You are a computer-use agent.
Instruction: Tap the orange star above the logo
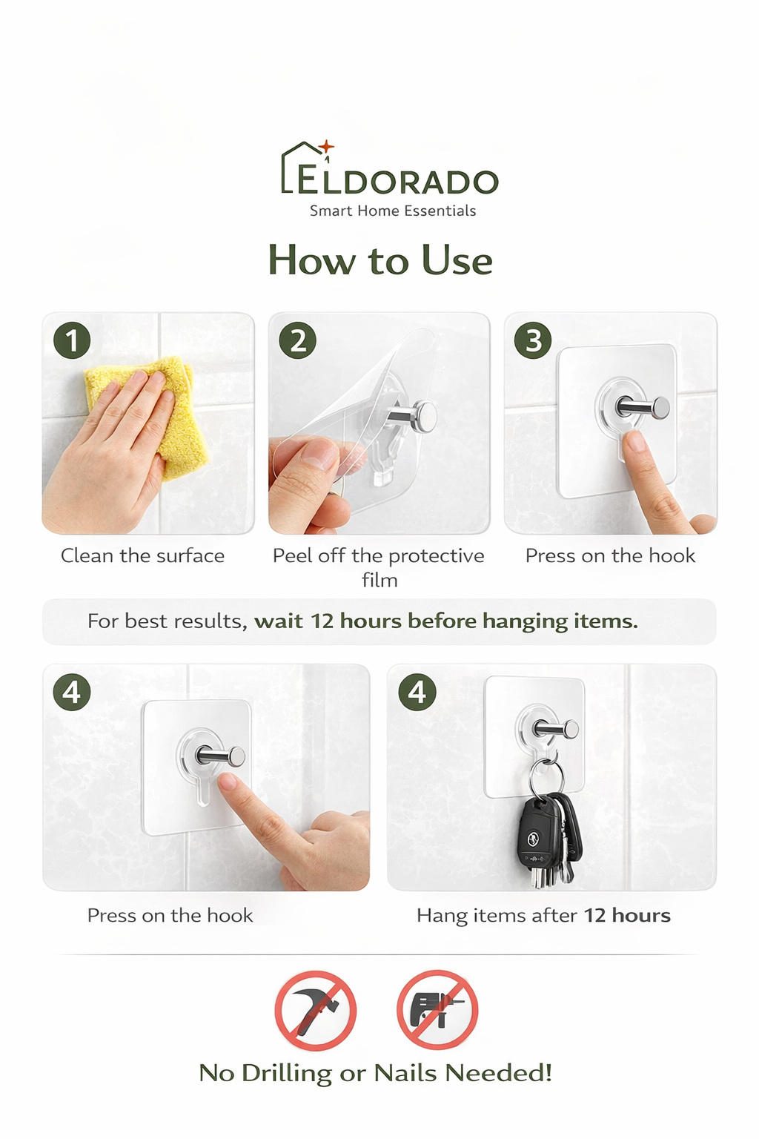(x=327, y=147)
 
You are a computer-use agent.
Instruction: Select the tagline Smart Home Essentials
(x=393, y=211)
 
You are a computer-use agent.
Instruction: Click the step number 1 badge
(x=72, y=340)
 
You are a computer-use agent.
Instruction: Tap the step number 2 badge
(x=297, y=340)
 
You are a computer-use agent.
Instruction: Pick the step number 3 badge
(x=533, y=340)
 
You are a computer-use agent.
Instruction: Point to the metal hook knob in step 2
(x=424, y=414)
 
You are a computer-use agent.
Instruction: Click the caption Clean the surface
(x=142, y=556)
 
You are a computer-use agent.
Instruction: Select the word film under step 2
(x=379, y=581)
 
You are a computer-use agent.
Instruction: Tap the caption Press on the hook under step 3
(x=610, y=556)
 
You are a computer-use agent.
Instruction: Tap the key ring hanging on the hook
(x=547, y=775)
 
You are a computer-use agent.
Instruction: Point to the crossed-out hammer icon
(x=316, y=1010)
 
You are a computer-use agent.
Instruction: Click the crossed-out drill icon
(x=437, y=1010)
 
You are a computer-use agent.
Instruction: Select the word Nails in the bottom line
(x=405, y=1073)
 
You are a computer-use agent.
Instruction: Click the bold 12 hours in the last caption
(x=627, y=916)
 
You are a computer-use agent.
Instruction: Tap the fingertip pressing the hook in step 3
(x=634, y=443)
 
